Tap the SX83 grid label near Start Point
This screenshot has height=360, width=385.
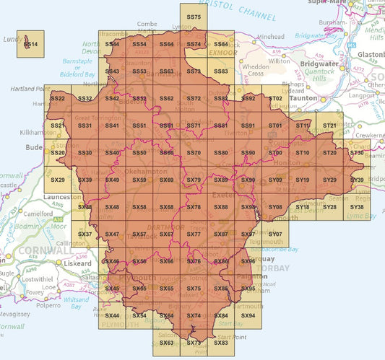[x=221, y=342]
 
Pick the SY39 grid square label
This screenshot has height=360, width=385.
[x=357, y=180]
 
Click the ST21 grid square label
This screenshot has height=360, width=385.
[x=330, y=126]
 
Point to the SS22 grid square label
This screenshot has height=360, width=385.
[x=58, y=98]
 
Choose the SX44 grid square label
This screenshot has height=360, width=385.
[x=112, y=316]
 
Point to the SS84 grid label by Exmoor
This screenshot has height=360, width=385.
[x=221, y=45]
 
